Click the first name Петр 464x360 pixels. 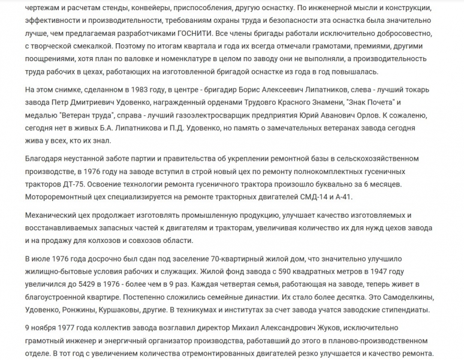pos(74,103)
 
